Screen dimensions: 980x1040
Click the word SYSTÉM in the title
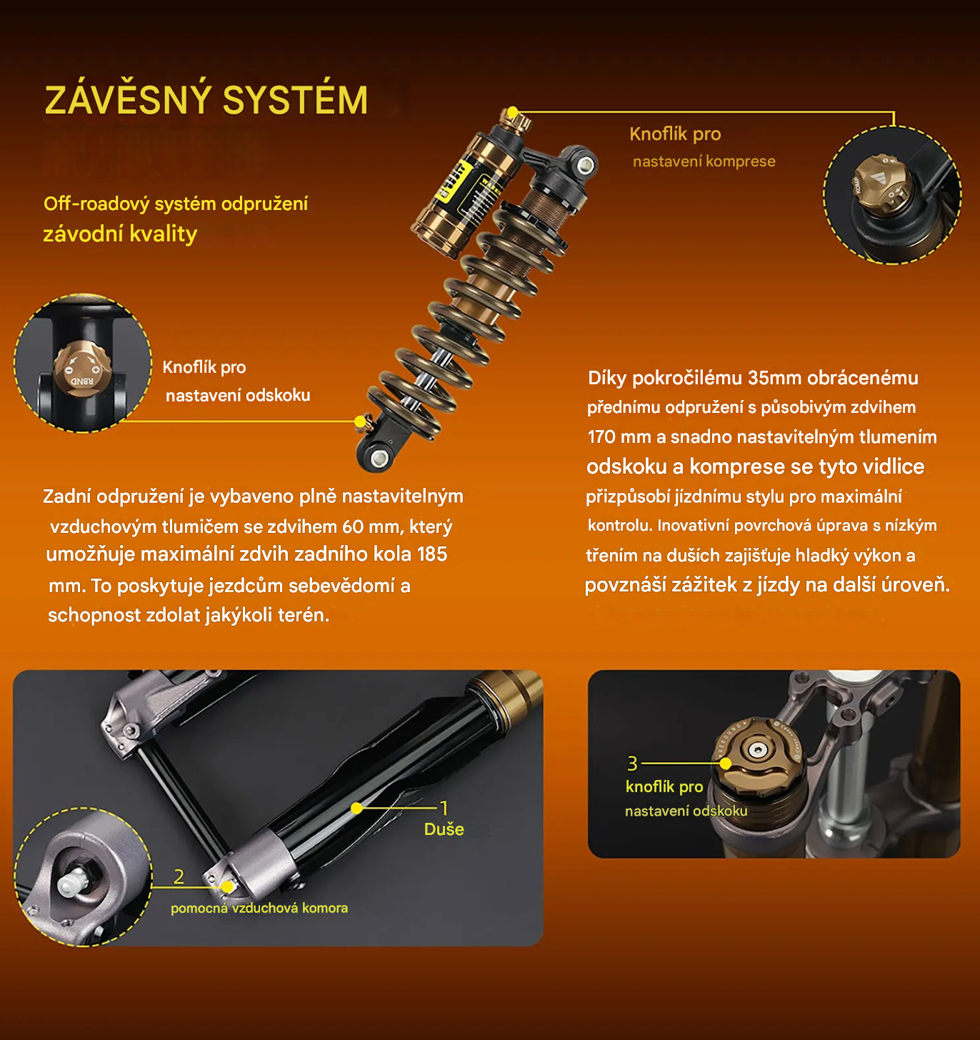[296, 100]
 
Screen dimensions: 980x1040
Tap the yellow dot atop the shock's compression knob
[514, 111]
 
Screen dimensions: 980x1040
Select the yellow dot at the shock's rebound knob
[360, 421]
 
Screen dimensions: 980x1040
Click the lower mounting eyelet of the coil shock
[378, 458]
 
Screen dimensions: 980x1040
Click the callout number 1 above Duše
[444, 808]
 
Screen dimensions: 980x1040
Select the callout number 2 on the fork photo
[179, 876]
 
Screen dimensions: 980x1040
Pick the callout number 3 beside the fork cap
[632, 764]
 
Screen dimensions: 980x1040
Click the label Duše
[444, 829]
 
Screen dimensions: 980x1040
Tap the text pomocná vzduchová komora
[259, 908]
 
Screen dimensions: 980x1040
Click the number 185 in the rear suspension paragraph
[432, 554]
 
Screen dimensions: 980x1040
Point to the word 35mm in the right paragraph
[771, 378]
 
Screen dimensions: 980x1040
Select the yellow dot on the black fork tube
[356, 809]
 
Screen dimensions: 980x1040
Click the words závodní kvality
[120, 234]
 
